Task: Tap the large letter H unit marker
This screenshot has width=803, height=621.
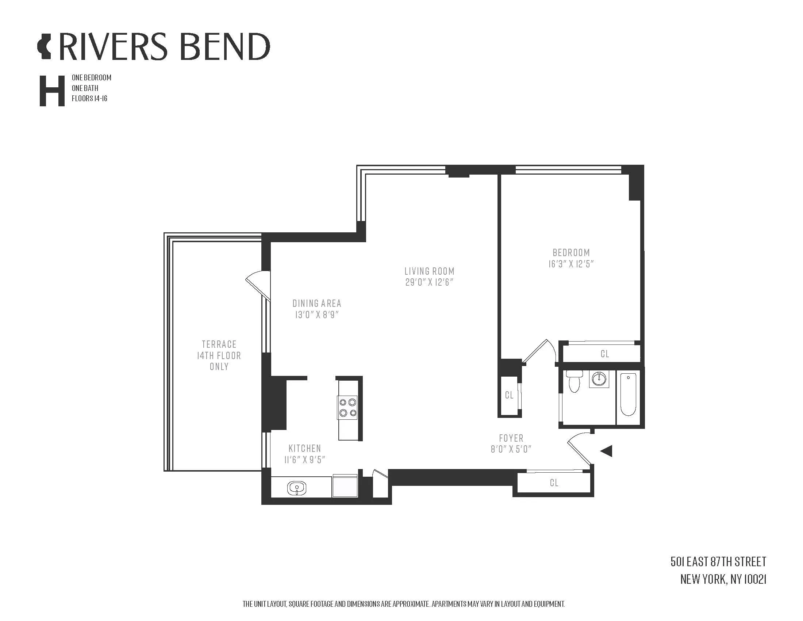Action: [x=52, y=91]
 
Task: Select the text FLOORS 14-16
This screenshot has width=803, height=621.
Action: [x=89, y=99]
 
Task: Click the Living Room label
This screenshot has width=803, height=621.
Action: [x=429, y=271]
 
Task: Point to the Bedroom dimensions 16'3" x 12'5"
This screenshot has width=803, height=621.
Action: [x=571, y=264]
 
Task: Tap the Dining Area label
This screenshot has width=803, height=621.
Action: [x=316, y=304]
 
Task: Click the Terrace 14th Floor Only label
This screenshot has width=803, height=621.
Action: [x=219, y=355]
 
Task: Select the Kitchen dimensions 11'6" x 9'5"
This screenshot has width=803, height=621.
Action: [x=305, y=460]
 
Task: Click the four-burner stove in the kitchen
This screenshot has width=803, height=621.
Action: [x=347, y=407]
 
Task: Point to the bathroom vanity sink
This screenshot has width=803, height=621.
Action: [x=599, y=379]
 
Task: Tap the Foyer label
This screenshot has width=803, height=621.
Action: [x=511, y=438]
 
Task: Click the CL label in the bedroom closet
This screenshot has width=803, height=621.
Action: [x=604, y=354]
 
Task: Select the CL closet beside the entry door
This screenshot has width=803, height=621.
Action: [x=554, y=483]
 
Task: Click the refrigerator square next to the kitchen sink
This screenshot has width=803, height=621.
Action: [x=345, y=486]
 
